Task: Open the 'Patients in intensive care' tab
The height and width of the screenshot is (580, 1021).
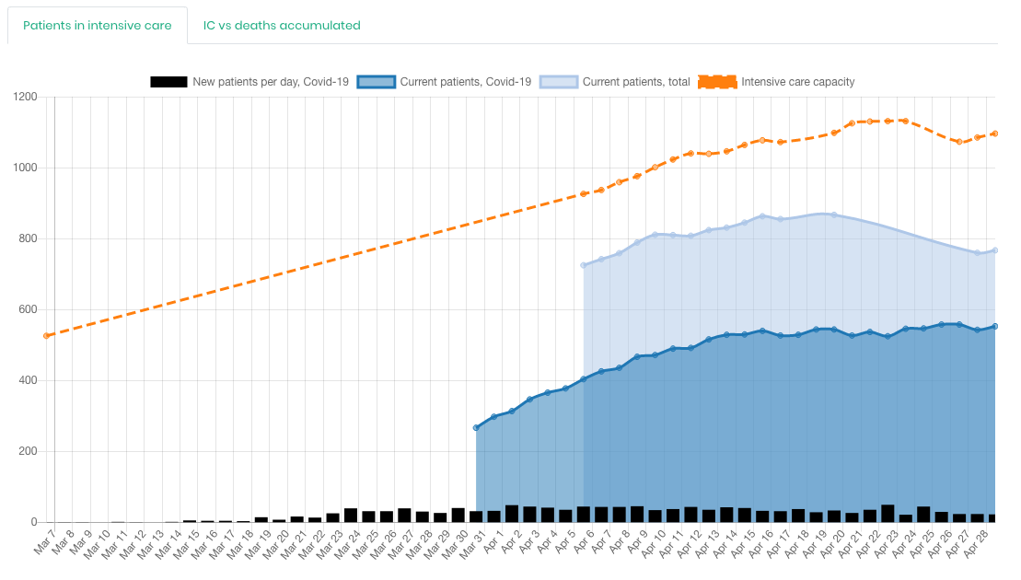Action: (97, 26)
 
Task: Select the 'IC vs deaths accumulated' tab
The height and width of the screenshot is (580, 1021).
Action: (282, 26)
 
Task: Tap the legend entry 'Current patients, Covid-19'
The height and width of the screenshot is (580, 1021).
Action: (465, 82)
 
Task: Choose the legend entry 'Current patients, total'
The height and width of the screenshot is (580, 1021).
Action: (635, 82)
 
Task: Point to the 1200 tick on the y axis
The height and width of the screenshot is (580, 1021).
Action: (24, 98)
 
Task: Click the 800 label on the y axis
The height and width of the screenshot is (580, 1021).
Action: (27, 239)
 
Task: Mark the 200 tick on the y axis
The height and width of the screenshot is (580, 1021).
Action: (27, 452)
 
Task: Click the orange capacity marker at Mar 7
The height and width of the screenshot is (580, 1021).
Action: (46, 336)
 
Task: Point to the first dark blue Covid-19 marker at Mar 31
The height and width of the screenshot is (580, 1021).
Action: (476, 428)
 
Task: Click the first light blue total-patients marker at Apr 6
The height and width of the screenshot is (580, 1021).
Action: (584, 265)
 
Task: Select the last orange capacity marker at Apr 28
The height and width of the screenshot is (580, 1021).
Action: (995, 133)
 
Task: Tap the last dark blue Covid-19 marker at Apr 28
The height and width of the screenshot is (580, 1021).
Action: (995, 326)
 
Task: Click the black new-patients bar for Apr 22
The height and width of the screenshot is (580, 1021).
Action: (888, 514)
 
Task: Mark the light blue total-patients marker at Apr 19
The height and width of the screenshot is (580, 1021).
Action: (834, 215)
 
